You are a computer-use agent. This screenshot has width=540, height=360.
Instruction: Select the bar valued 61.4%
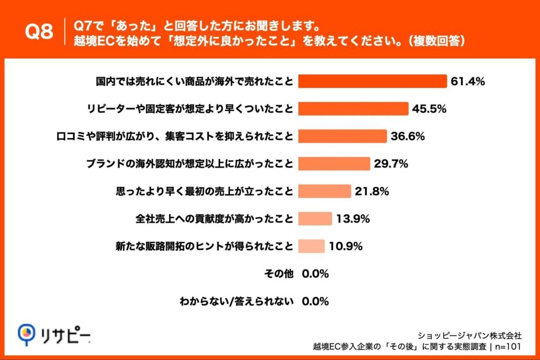point(372,81)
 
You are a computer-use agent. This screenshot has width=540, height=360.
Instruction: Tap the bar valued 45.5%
point(353,109)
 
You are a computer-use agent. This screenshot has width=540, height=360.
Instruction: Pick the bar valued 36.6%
point(342,136)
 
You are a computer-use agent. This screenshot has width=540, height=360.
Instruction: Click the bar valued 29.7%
point(334,164)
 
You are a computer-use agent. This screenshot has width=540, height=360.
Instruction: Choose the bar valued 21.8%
point(324,191)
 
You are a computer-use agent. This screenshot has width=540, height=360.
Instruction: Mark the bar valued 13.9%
point(315,219)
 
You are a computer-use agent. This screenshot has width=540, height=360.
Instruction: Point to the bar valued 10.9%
point(311,246)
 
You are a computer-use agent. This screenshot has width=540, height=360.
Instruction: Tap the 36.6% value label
point(408,136)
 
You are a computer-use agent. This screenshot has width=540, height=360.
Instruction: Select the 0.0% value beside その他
point(315,274)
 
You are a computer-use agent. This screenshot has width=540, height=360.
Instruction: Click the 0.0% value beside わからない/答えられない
point(315,301)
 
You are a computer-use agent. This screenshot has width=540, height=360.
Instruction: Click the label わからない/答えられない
point(236,301)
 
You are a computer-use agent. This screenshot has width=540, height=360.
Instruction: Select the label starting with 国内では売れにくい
point(194,81)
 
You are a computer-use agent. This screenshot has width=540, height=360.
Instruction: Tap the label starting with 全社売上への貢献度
point(214,219)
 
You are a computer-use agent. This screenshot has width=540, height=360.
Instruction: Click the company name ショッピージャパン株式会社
point(470,335)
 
